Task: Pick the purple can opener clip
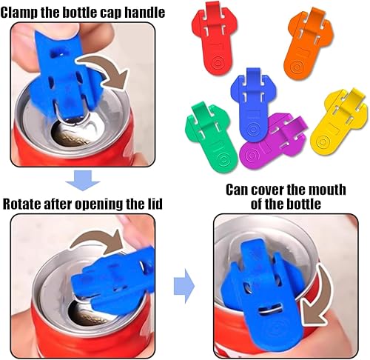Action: tap(272, 141)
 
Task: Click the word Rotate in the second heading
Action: tap(21, 204)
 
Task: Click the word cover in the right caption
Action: tap(267, 190)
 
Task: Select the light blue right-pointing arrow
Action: tap(184, 286)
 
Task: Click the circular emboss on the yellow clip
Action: tap(323, 141)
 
